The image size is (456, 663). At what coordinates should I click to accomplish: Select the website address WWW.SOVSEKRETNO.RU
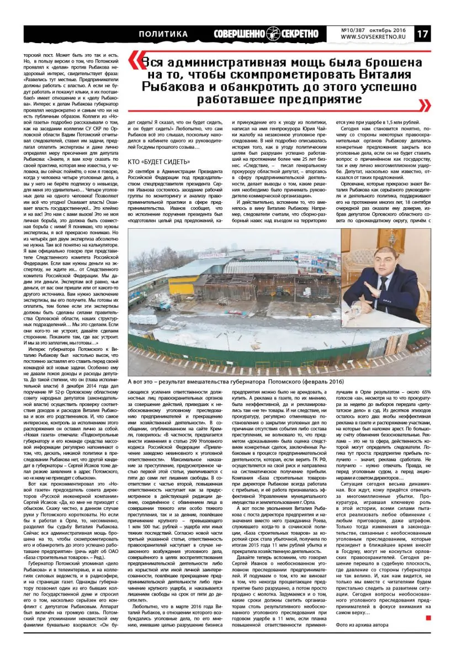[377, 38]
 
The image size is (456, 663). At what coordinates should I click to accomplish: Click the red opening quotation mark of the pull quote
[133, 58]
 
